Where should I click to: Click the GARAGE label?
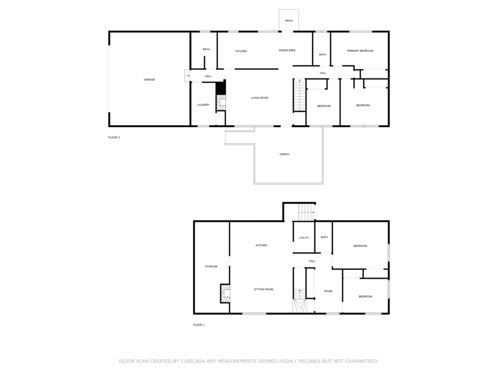(x=149, y=80)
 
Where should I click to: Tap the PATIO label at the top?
(x=289, y=21)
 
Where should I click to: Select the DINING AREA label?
(x=287, y=50)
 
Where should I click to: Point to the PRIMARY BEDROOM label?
(x=360, y=50)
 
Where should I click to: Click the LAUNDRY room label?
(x=204, y=105)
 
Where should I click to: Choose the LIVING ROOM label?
(x=260, y=98)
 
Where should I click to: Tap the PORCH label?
(x=284, y=154)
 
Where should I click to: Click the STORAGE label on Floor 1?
(x=211, y=267)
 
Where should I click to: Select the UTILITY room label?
(x=304, y=237)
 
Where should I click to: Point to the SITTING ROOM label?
(x=263, y=289)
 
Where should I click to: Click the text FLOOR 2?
(x=114, y=137)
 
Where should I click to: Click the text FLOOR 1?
(x=199, y=325)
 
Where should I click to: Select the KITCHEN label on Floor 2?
(x=242, y=50)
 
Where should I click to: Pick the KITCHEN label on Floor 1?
(x=261, y=246)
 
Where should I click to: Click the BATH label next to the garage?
(x=205, y=49)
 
